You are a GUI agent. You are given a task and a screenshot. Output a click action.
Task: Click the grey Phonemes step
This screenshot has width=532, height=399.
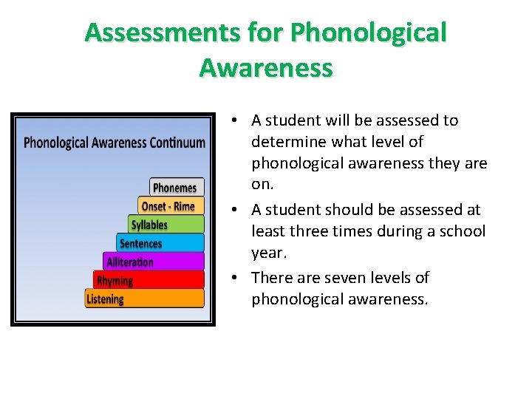coord(177,188)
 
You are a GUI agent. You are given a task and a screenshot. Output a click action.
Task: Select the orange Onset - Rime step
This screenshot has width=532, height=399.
coord(170,206)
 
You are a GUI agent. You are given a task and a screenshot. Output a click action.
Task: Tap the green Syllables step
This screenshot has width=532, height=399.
coord(166,225)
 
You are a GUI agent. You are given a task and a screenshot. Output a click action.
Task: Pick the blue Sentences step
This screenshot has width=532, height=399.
coord(160,243)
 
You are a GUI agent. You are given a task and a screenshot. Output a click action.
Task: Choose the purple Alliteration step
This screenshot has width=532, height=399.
coord(153,262)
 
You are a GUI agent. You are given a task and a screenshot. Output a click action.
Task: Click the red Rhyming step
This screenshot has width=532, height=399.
coord(148,280)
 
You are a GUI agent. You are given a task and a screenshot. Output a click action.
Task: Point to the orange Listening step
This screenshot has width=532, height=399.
coord(144,299)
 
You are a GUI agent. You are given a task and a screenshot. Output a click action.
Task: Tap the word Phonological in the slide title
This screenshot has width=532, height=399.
coord(369,33)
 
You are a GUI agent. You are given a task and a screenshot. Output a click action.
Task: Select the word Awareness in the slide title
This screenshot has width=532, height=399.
coord(266,68)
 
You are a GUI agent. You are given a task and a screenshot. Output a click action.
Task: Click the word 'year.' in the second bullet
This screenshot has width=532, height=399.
coord(268,253)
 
